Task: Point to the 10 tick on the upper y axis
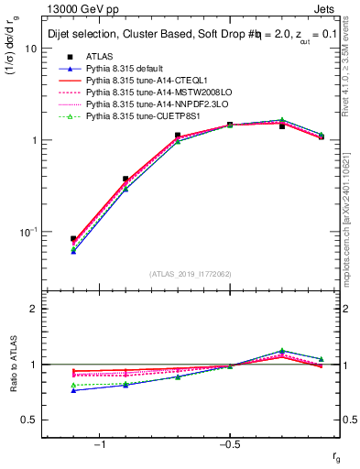click(x=30, y=49)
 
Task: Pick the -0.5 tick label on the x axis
click(x=227, y=444)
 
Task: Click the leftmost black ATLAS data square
click(x=73, y=239)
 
